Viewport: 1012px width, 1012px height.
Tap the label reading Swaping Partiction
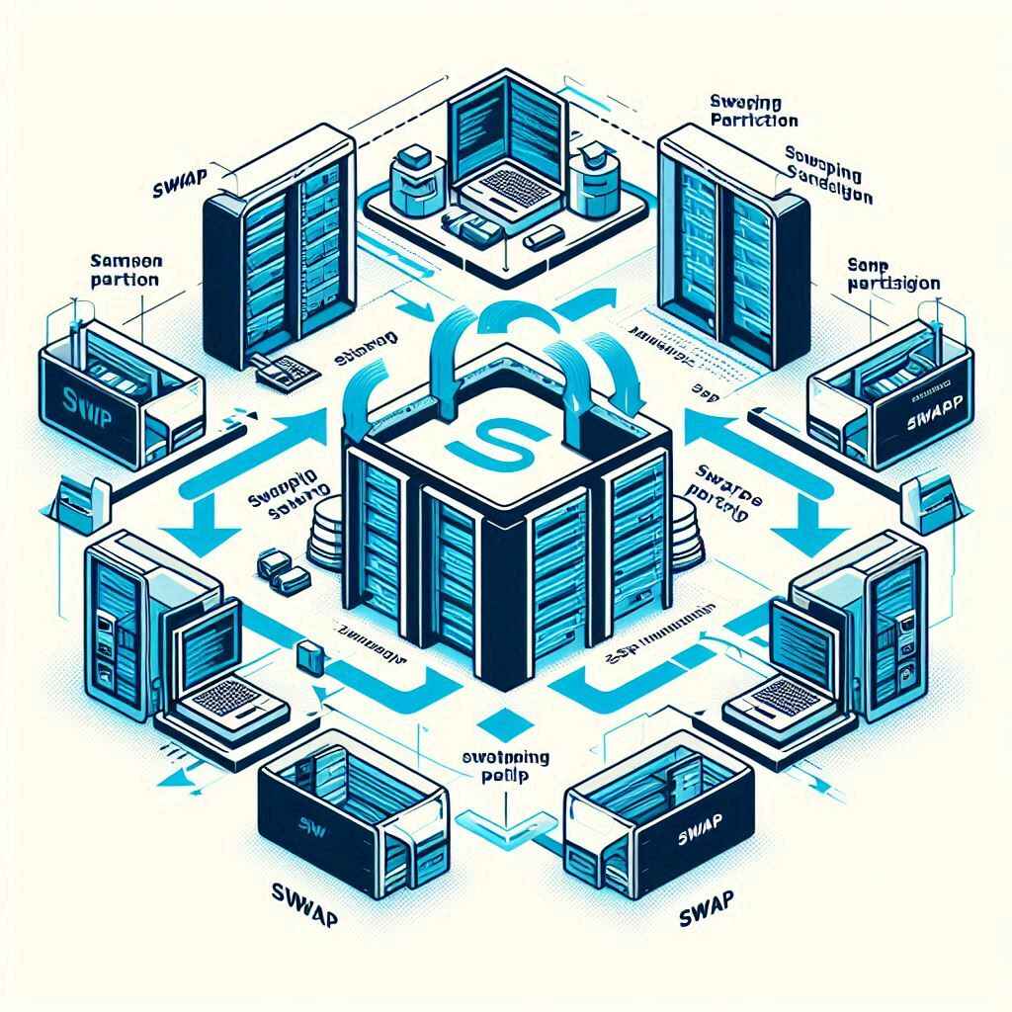(x=753, y=111)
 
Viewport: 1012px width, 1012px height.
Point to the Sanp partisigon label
(x=893, y=274)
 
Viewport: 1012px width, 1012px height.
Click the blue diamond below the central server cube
(x=504, y=718)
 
